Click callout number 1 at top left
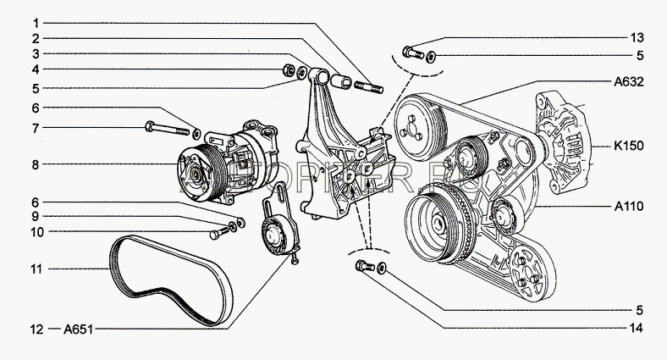(x=35, y=20)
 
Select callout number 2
(x=35, y=38)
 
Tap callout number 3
(x=35, y=53)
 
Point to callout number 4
(x=35, y=69)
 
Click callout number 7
(x=35, y=128)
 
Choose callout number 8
(x=35, y=163)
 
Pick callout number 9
(x=35, y=218)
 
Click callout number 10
(x=35, y=232)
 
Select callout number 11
(x=35, y=269)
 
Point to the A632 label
(x=630, y=83)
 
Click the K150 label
(x=630, y=146)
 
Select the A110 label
(x=630, y=206)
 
